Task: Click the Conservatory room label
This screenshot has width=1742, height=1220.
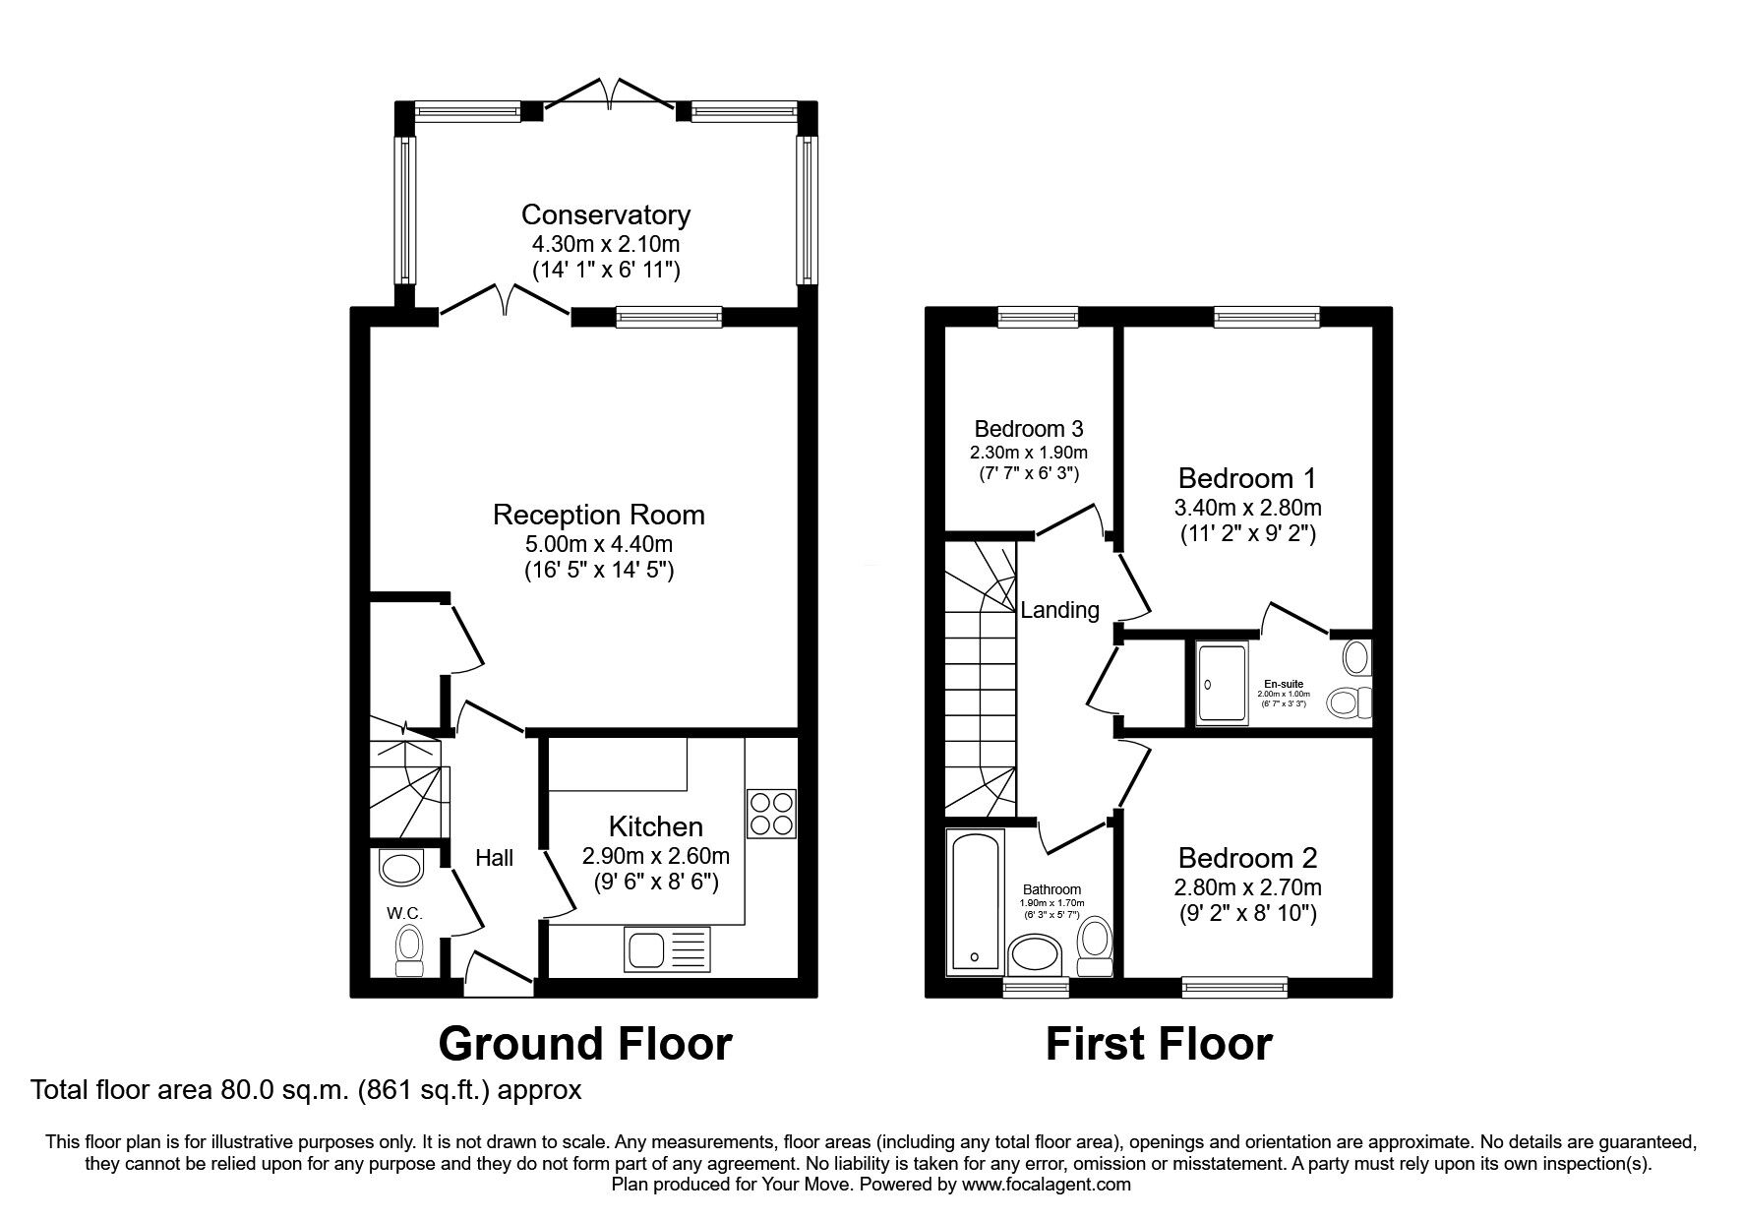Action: tap(605, 214)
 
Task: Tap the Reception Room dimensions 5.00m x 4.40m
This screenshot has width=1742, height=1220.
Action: tap(598, 543)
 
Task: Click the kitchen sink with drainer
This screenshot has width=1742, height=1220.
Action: tap(666, 950)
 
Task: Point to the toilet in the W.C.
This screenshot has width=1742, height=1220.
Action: tap(407, 950)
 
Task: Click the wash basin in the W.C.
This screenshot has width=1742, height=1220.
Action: tap(398, 868)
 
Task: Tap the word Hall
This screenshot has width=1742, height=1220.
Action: tap(494, 858)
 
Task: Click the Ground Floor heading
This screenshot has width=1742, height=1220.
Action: tap(584, 1044)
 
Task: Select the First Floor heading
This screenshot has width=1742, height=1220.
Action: tap(1158, 1044)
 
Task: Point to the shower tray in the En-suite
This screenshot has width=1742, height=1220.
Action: tap(1222, 683)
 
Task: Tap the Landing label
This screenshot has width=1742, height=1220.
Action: tap(1059, 610)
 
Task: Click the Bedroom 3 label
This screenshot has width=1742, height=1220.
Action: tap(1028, 429)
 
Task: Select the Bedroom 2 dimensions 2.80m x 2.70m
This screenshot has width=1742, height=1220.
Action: tap(1247, 887)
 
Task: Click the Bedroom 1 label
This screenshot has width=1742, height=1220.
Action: tap(1246, 479)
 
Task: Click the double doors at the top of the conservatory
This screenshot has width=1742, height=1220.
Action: tap(610, 93)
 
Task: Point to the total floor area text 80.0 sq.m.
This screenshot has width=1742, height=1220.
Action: tap(306, 1090)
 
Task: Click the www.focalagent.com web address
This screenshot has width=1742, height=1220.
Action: tap(1046, 1185)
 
